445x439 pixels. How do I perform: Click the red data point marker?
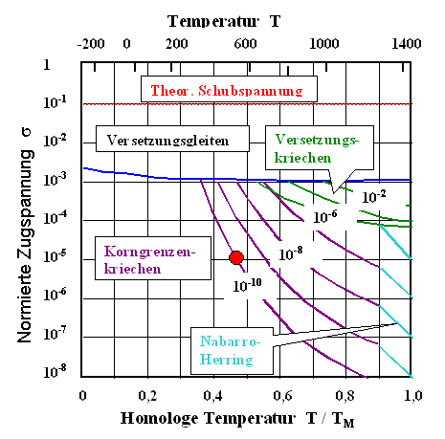[x=236, y=257]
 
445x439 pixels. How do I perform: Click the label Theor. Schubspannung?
[x=207, y=91]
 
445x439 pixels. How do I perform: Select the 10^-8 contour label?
[x=293, y=253]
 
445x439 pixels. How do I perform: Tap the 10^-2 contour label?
[x=372, y=196]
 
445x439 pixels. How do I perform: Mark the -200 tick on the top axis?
[x=92, y=43]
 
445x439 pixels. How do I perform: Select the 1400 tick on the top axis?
[x=407, y=43]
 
